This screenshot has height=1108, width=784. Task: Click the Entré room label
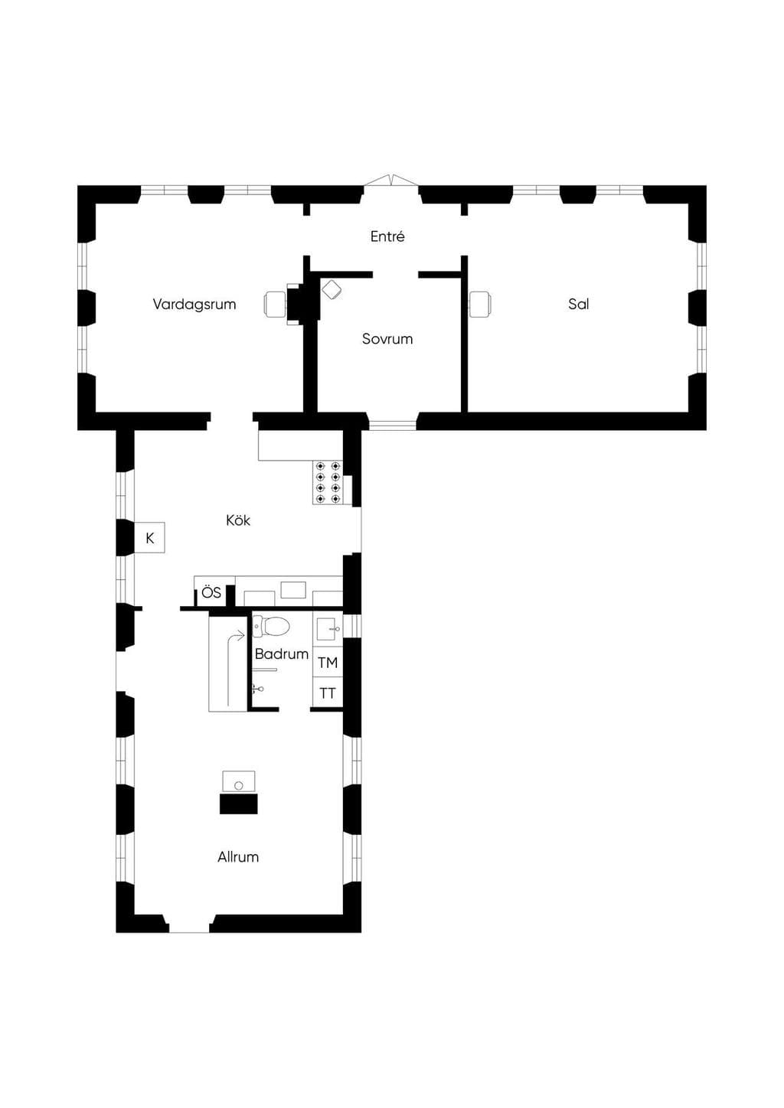pyautogui.click(x=387, y=236)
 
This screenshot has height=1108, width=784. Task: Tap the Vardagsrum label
pyautogui.click(x=194, y=304)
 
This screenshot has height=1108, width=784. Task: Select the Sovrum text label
pyautogui.click(x=387, y=339)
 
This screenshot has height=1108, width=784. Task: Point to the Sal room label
pyautogui.click(x=578, y=304)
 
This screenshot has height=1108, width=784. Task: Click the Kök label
pyautogui.click(x=238, y=520)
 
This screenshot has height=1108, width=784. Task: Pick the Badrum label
pyautogui.click(x=282, y=654)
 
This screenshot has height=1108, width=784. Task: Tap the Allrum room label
pyautogui.click(x=238, y=857)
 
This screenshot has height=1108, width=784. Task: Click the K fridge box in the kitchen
pyautogui.click(x=149, y=537)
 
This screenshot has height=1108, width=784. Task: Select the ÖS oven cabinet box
pyautogui.click(x=211, y=592)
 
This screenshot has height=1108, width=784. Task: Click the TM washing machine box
pyautogui.click(x=328, y=663)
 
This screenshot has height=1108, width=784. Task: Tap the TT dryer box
pyautogui.click(x=328, y=693)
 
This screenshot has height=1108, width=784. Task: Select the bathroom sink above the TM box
pyautogui.click(x=327, y=629)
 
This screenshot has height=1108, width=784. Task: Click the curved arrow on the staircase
pyautogui.click(x=234, y=664)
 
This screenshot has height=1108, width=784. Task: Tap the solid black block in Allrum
pyautogui.click(x=239, y=803)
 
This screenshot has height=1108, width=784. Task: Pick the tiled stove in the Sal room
pyautogui.click(x=480, y=304)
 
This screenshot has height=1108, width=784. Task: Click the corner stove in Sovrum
pyautogui.click(x=332, y=289)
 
